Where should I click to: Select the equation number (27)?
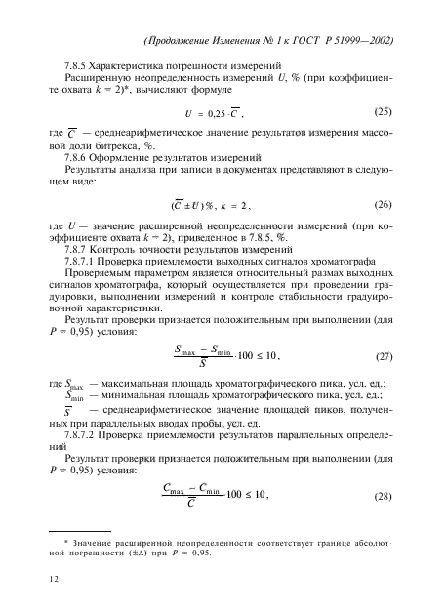(385, 357)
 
